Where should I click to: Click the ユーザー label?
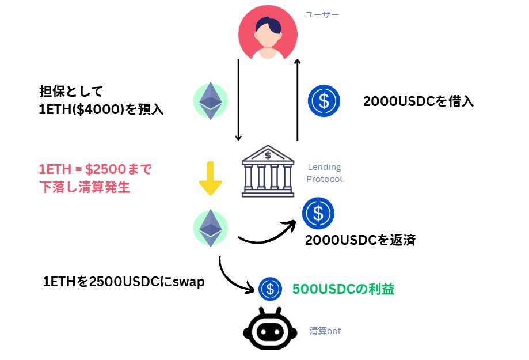[322, 14]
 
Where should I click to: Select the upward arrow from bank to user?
[297, 98]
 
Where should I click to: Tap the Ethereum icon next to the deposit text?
[210, 101]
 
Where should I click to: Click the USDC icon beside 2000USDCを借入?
[324, 101]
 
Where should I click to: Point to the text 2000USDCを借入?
[418, 102]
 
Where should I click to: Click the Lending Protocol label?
[324, 173]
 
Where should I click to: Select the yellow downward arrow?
[210, 179]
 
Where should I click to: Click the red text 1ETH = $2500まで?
[96, 170]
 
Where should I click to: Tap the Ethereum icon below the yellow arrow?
[210, 227]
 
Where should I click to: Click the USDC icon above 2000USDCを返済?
[318, 213]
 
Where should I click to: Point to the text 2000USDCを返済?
[360, 240]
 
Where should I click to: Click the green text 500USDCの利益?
[344, 289]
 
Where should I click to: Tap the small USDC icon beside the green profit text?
[270, 289]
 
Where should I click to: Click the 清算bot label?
[325, 331]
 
